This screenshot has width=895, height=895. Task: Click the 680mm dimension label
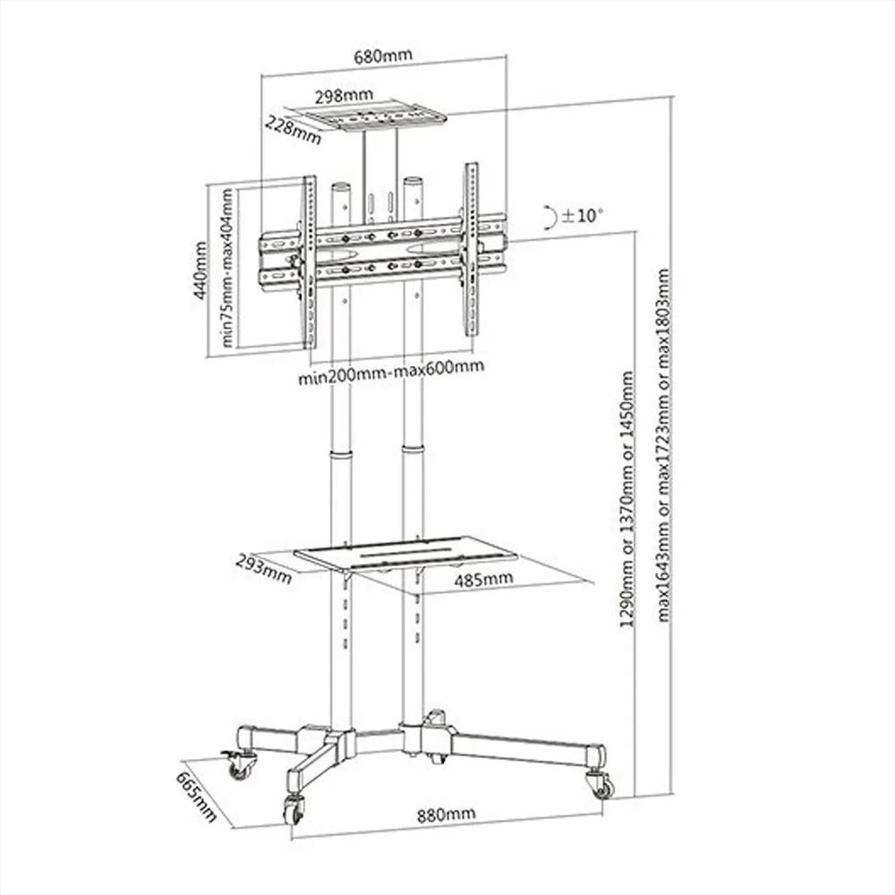[x=383, y=56]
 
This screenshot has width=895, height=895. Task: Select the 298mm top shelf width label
[x=345, y=96]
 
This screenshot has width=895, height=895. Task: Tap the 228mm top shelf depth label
[x=294, y=130]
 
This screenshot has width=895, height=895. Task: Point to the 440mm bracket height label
[x=200, y=270]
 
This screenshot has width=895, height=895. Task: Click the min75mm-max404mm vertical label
[x=227, y=268]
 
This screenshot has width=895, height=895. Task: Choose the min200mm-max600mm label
[x=392, y=371]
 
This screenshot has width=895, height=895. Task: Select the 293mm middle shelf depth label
[x=264, y=570]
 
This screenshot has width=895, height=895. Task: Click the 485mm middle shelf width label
[x=483, y=579]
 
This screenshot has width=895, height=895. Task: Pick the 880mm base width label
[x=446, y=814]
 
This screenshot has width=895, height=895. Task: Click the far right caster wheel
[x=600, y=784]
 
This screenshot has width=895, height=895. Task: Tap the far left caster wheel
[x=238, y=765]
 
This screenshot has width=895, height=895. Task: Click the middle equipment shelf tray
[x=405, y=552]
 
